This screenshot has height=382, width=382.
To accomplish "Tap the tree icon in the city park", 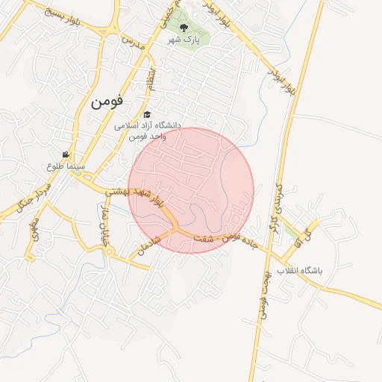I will (184, 28).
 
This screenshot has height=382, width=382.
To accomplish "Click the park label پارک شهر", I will (184, 39).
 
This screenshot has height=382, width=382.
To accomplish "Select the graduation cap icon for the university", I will (148, 115).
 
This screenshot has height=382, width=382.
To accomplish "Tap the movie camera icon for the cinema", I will (66, 154).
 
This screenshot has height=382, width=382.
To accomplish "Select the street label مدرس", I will (131, 40).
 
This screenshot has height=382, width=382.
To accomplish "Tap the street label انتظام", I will (153, 78).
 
